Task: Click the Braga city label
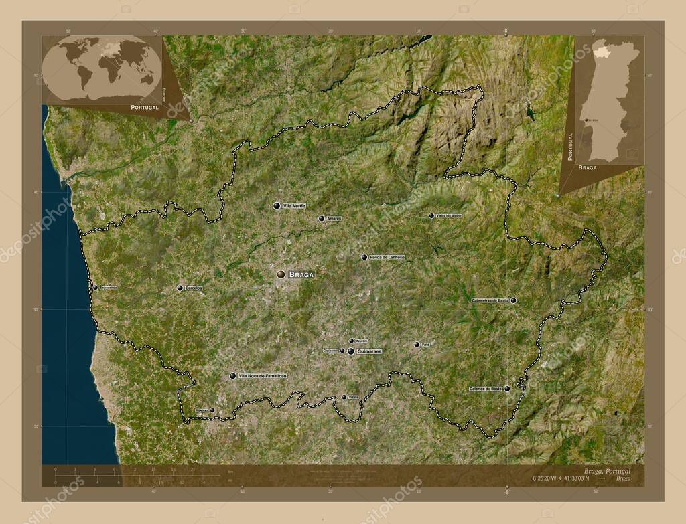tap(301, 274)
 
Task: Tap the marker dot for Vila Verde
tap(276, 205)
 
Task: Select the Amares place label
tap(334, 218)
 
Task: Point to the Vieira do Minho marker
tap(431, 215)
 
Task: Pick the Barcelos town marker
tap(180, 288)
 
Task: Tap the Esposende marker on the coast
tap(95, 287)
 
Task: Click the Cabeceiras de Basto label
tap(491, 300)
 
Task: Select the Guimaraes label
tap(369, 351)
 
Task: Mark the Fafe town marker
tap(417, 345)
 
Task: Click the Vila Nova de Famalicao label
tap(263, 376)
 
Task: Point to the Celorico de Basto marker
tap(507, 388)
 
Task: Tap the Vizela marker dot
tap(344, 397)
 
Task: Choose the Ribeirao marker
tap(212, 410)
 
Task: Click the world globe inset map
tap(102, 69)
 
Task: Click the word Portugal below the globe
tap(145, 107)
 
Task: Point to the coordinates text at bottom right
tap(561, 478)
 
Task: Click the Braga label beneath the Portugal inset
tap(587, 167)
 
